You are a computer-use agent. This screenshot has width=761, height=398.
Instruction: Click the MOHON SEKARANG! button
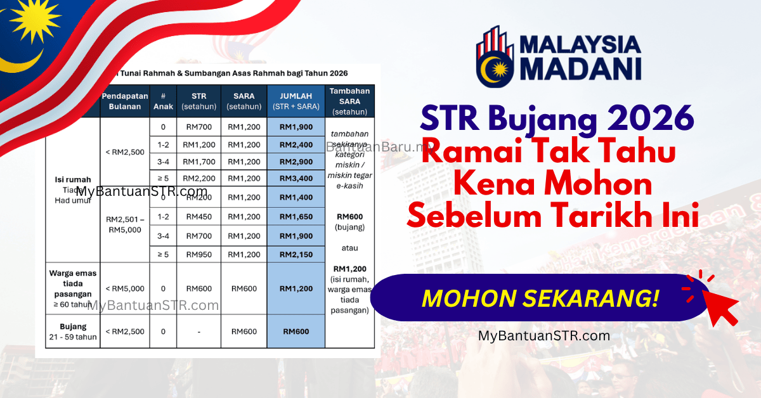click(539, 298)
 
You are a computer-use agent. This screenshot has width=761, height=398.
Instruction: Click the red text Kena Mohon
click(554, 184)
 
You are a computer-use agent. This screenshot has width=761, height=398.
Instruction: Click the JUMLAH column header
click(296, 101)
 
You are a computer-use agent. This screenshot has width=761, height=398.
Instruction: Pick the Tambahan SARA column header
click(349, 101)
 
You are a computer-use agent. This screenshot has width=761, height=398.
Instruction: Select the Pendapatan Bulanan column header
click(125, 101)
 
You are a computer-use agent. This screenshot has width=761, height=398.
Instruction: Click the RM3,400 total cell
click(296, 178)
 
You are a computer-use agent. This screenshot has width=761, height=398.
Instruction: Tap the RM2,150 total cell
click(296, 254)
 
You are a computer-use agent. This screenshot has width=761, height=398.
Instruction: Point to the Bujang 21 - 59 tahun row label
click(73, 331)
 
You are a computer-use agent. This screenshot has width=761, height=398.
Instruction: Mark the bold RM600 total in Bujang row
click(296, 331)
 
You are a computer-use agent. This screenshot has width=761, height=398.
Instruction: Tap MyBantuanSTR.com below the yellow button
click(543, 337)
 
